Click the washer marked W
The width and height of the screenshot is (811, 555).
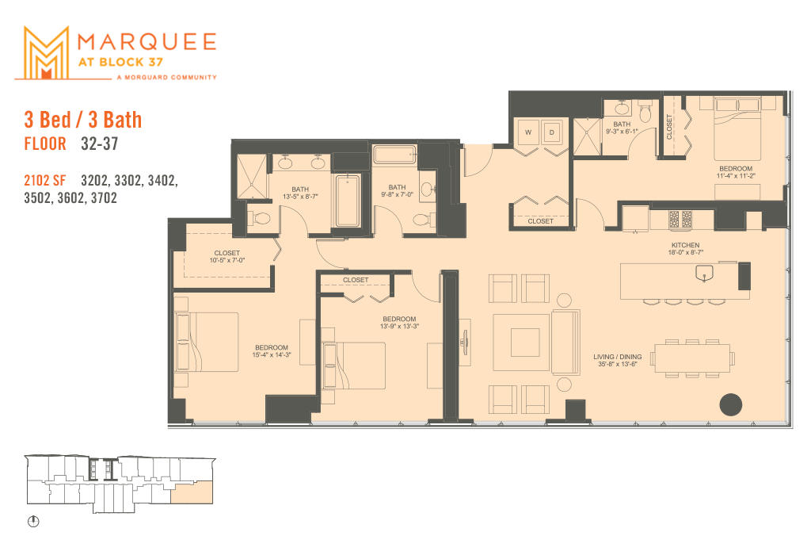(527, 132)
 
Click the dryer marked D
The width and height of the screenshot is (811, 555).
(552, 132)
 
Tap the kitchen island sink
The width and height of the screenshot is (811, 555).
(702, 274)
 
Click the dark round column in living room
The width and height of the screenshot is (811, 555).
(731, 404)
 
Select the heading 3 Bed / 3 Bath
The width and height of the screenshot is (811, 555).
(83, 120)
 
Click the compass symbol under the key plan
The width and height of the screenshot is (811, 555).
(34, 522)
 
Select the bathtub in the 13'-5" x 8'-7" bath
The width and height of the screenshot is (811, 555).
(347, 202)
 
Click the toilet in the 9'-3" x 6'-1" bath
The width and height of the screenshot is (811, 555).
(644, 114)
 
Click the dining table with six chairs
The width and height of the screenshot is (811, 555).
(691, 357)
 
